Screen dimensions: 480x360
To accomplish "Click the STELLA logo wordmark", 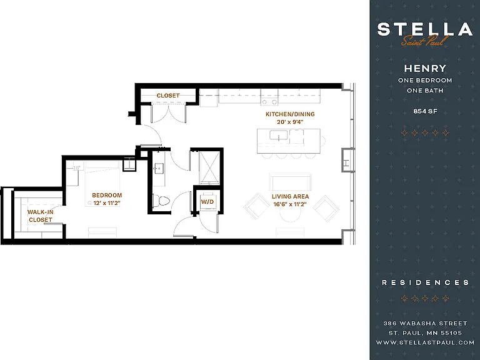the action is pos(425,29).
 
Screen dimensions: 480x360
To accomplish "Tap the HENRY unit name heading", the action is pos(425,68).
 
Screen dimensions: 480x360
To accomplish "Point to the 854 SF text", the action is pos(425,111).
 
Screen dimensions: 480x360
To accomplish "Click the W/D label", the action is pos(207,202).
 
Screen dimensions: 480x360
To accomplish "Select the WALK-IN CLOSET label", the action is pos(40,216).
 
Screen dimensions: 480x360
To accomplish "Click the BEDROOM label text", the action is pos(107,195).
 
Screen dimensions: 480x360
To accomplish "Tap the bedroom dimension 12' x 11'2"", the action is pos(107,203).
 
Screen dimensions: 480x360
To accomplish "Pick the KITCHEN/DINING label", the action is pos(290,114).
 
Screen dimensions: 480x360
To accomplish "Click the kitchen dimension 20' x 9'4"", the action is pos(290,122).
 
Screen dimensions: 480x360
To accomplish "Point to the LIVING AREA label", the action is pos(290,196).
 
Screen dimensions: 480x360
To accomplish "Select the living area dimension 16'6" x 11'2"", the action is pos(290,204).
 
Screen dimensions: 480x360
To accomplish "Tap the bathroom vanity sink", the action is pos(159,168).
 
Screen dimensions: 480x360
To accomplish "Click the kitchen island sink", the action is pos(279,135).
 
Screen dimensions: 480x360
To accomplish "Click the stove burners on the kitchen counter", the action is pos(269,102).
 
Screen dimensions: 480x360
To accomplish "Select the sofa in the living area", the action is pos(290,181).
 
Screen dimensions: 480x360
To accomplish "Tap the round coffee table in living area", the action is pos(290,216).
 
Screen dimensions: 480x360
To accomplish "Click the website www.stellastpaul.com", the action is pos(425,342).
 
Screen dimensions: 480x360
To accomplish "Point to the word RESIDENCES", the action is pos(425,282).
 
